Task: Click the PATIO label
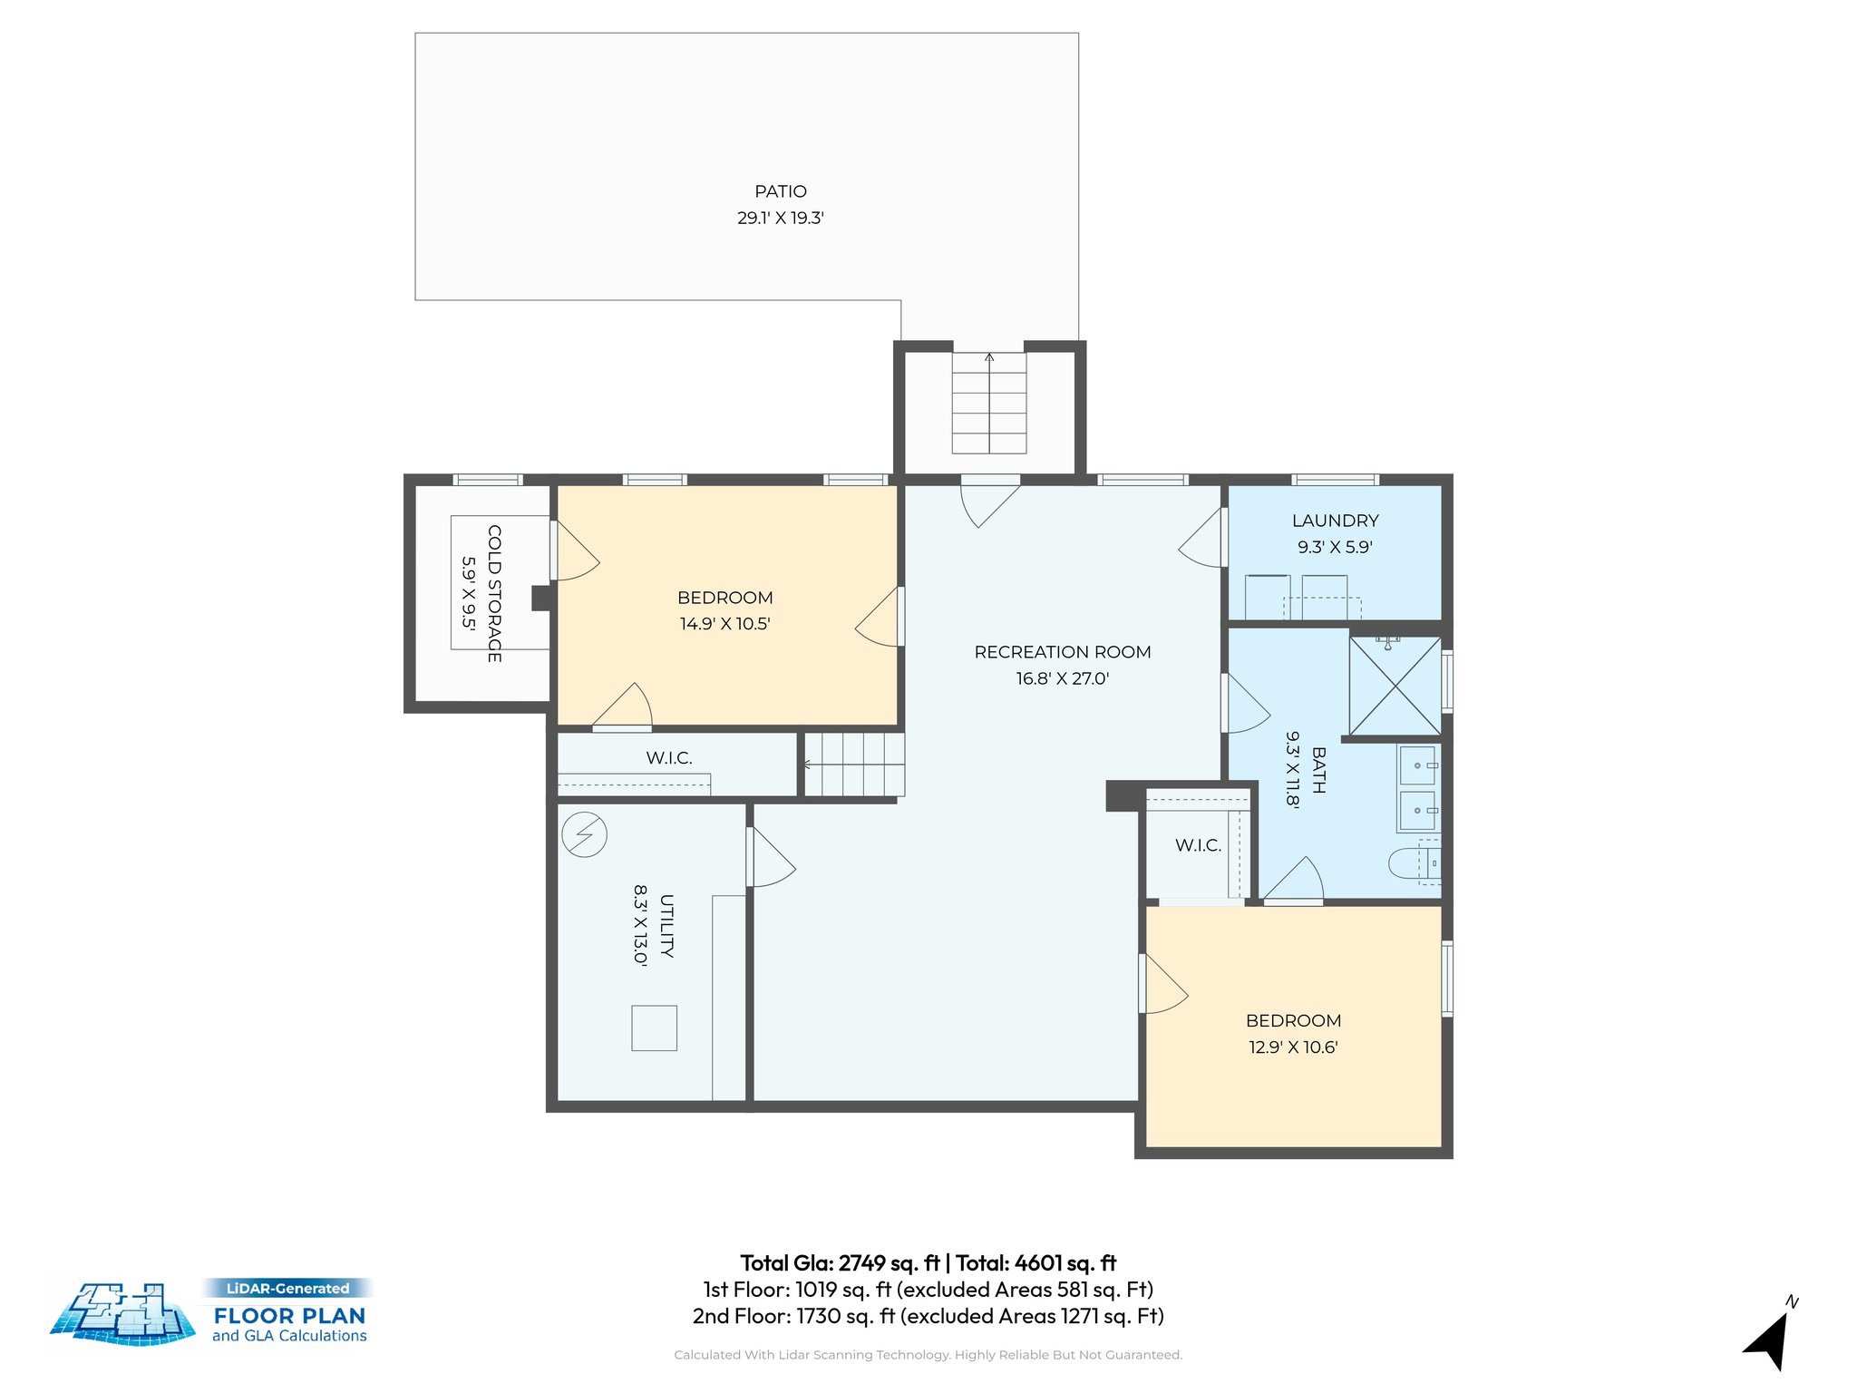780,191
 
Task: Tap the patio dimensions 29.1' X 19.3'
780,218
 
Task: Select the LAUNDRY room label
1335,521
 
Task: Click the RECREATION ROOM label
1062,652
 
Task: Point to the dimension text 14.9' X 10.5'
724,624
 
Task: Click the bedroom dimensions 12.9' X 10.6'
1293,1047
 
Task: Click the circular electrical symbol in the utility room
584,833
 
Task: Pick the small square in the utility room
654,1028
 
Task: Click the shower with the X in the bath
1395,687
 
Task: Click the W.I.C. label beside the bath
1198,845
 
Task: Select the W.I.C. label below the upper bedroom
669,758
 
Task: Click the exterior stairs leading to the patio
988,404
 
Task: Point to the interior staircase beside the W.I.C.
854,765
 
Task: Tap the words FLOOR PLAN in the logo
289,1315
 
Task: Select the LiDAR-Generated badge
287,1288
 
